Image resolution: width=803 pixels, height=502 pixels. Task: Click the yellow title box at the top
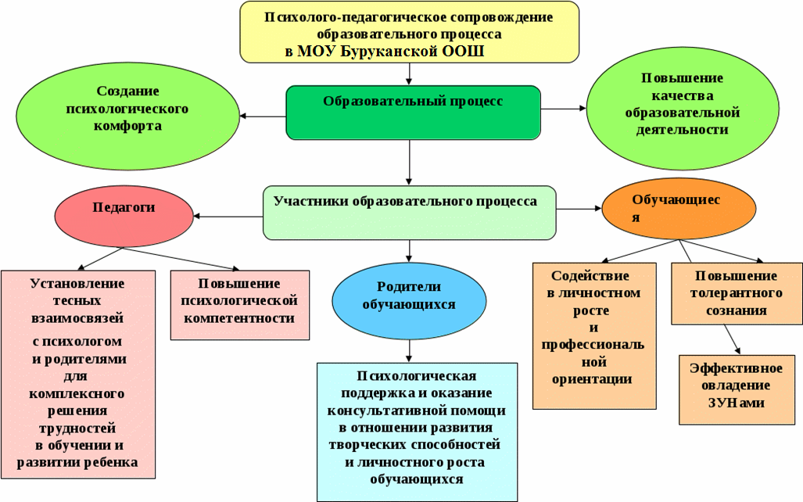tap(409, 32)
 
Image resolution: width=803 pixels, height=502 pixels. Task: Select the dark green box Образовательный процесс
tap(413, 113)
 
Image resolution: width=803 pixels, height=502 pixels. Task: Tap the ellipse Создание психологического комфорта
tap(127, 117)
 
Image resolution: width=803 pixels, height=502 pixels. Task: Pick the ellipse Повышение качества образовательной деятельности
tap(682, 109)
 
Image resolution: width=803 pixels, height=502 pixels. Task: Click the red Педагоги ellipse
tap(124, 216)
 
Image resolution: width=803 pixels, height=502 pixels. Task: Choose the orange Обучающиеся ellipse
tap(679, 209)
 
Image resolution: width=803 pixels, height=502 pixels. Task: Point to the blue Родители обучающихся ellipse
tap(409, 301)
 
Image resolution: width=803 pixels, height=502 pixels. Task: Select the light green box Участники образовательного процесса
tap(409, 213)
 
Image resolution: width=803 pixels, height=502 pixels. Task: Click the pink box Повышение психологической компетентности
tap(240, 305)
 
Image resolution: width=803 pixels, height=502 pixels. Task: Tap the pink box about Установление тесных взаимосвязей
tap(78, 375)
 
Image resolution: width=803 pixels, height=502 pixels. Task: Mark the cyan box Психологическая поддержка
tap(417, 432)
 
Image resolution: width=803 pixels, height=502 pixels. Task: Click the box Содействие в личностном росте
tap(594, 336)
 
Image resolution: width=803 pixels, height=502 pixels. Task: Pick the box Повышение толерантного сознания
tap(737, 293)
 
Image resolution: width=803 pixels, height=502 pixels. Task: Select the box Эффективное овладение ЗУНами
tap(736, 390)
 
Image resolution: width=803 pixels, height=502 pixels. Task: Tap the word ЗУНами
tap(736, 403)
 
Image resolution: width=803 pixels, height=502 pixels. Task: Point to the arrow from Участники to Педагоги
tap(228, 216)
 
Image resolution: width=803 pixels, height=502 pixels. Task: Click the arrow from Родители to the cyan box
tap(409, 351)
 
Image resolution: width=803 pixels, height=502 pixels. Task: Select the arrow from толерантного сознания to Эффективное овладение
tap(733, 339)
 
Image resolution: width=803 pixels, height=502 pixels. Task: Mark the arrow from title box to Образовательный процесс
tap(409, 74)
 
